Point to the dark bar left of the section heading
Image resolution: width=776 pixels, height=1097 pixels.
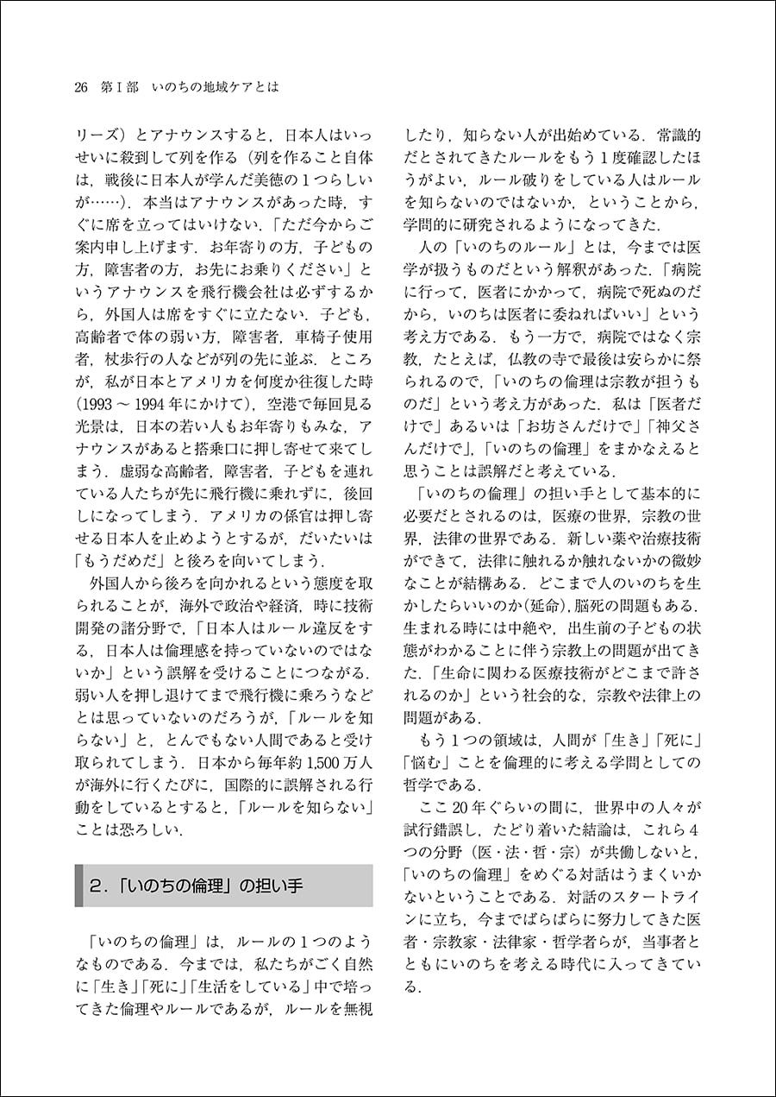[79, 886]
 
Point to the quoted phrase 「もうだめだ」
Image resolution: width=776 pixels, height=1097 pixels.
[112, 558]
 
